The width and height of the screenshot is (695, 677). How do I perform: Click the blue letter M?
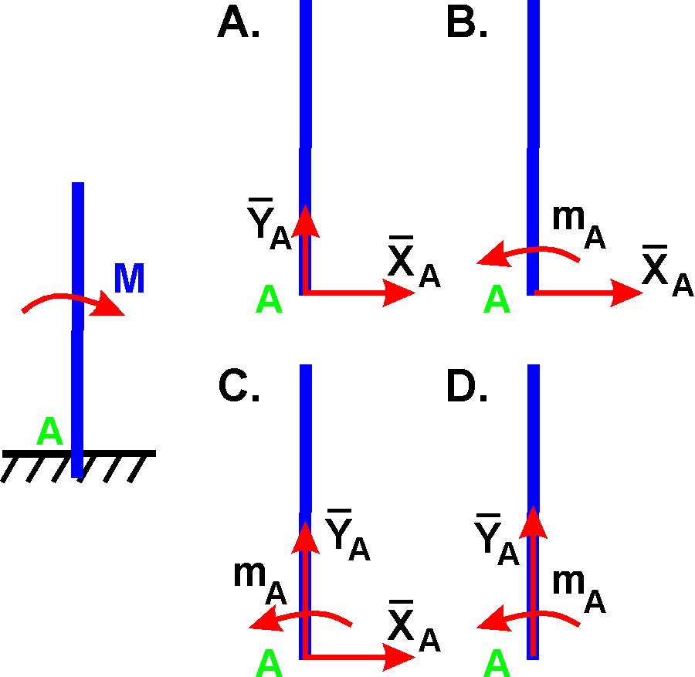(x=129, y=279)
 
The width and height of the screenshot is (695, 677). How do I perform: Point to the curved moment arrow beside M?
(x=73, y=302)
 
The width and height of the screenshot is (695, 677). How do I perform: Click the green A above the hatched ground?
(x=50, y=432)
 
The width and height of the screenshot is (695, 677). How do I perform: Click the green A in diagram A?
(x=268, y=300)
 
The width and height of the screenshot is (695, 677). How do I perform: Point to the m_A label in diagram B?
(x=578, y=226)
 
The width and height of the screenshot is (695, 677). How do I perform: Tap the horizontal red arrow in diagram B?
(x=587, y=293)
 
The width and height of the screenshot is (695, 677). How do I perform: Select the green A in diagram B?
(x=497, y=300)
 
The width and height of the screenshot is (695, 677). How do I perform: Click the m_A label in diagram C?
(x=259, y=581)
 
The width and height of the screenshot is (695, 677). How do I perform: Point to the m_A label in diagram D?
(x=578, y=591)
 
